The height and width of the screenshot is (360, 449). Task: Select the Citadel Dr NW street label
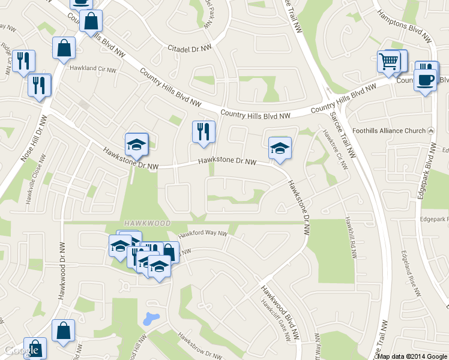click(190, 47)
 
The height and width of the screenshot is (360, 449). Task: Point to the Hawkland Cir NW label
click(92, 69)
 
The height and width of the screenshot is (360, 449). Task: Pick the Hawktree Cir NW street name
click(335, 151)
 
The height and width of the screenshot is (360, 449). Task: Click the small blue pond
click(151, 317)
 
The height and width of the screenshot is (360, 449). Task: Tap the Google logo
click(22, 350)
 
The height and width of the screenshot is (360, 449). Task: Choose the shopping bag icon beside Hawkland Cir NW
click(64, 49)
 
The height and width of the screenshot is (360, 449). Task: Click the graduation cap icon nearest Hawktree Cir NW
click(280, 148)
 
